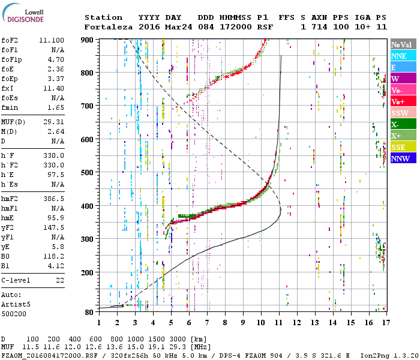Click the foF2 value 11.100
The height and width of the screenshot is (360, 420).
coord(52,40)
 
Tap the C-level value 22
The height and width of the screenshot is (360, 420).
coord(60,280)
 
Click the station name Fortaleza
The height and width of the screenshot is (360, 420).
coord(109,27)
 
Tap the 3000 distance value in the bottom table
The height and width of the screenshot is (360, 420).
coord(178,339)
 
